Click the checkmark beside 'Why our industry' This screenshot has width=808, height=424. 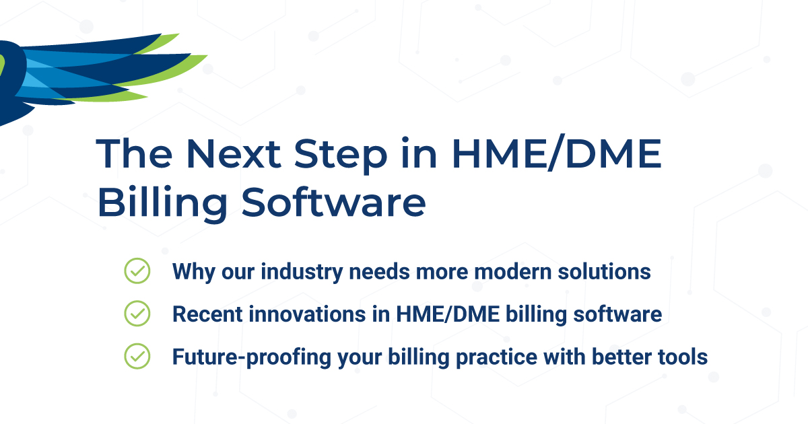coord(137,271)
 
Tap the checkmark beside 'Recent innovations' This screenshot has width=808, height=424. coord(137,314)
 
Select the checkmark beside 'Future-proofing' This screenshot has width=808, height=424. coord(137,356)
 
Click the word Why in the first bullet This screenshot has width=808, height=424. coord(192,272)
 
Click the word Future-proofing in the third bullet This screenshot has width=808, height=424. coord(235,357)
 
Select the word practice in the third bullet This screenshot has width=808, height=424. coord(447,357)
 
